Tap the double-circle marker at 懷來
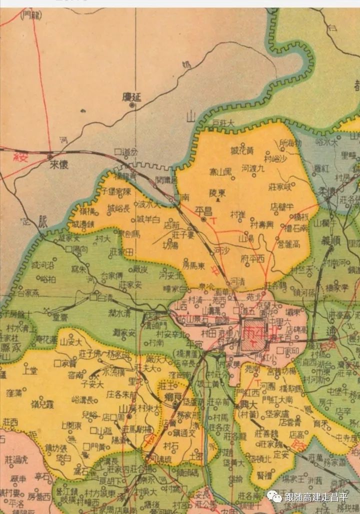51,157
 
